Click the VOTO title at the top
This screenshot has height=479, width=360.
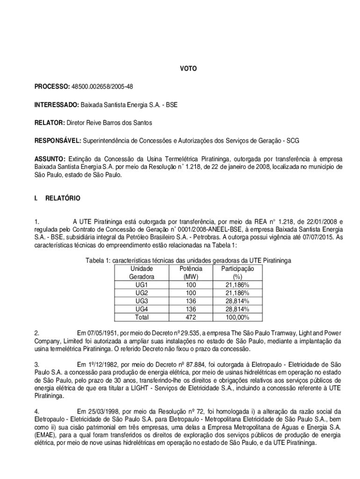click(188, 69)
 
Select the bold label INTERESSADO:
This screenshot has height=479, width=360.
click(57, 105)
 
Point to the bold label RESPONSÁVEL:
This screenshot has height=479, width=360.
click(58, 140)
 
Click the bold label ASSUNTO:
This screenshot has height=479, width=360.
click(50, 158)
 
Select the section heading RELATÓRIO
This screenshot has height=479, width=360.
click(63, 198)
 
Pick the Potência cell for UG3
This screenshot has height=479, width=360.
click(190, 301)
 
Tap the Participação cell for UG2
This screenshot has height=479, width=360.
click(237, 293)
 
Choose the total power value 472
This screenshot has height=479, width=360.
click(190, 317)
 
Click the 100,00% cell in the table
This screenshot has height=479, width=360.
click(237, 317)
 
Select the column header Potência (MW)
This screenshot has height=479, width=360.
click(190, 272)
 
